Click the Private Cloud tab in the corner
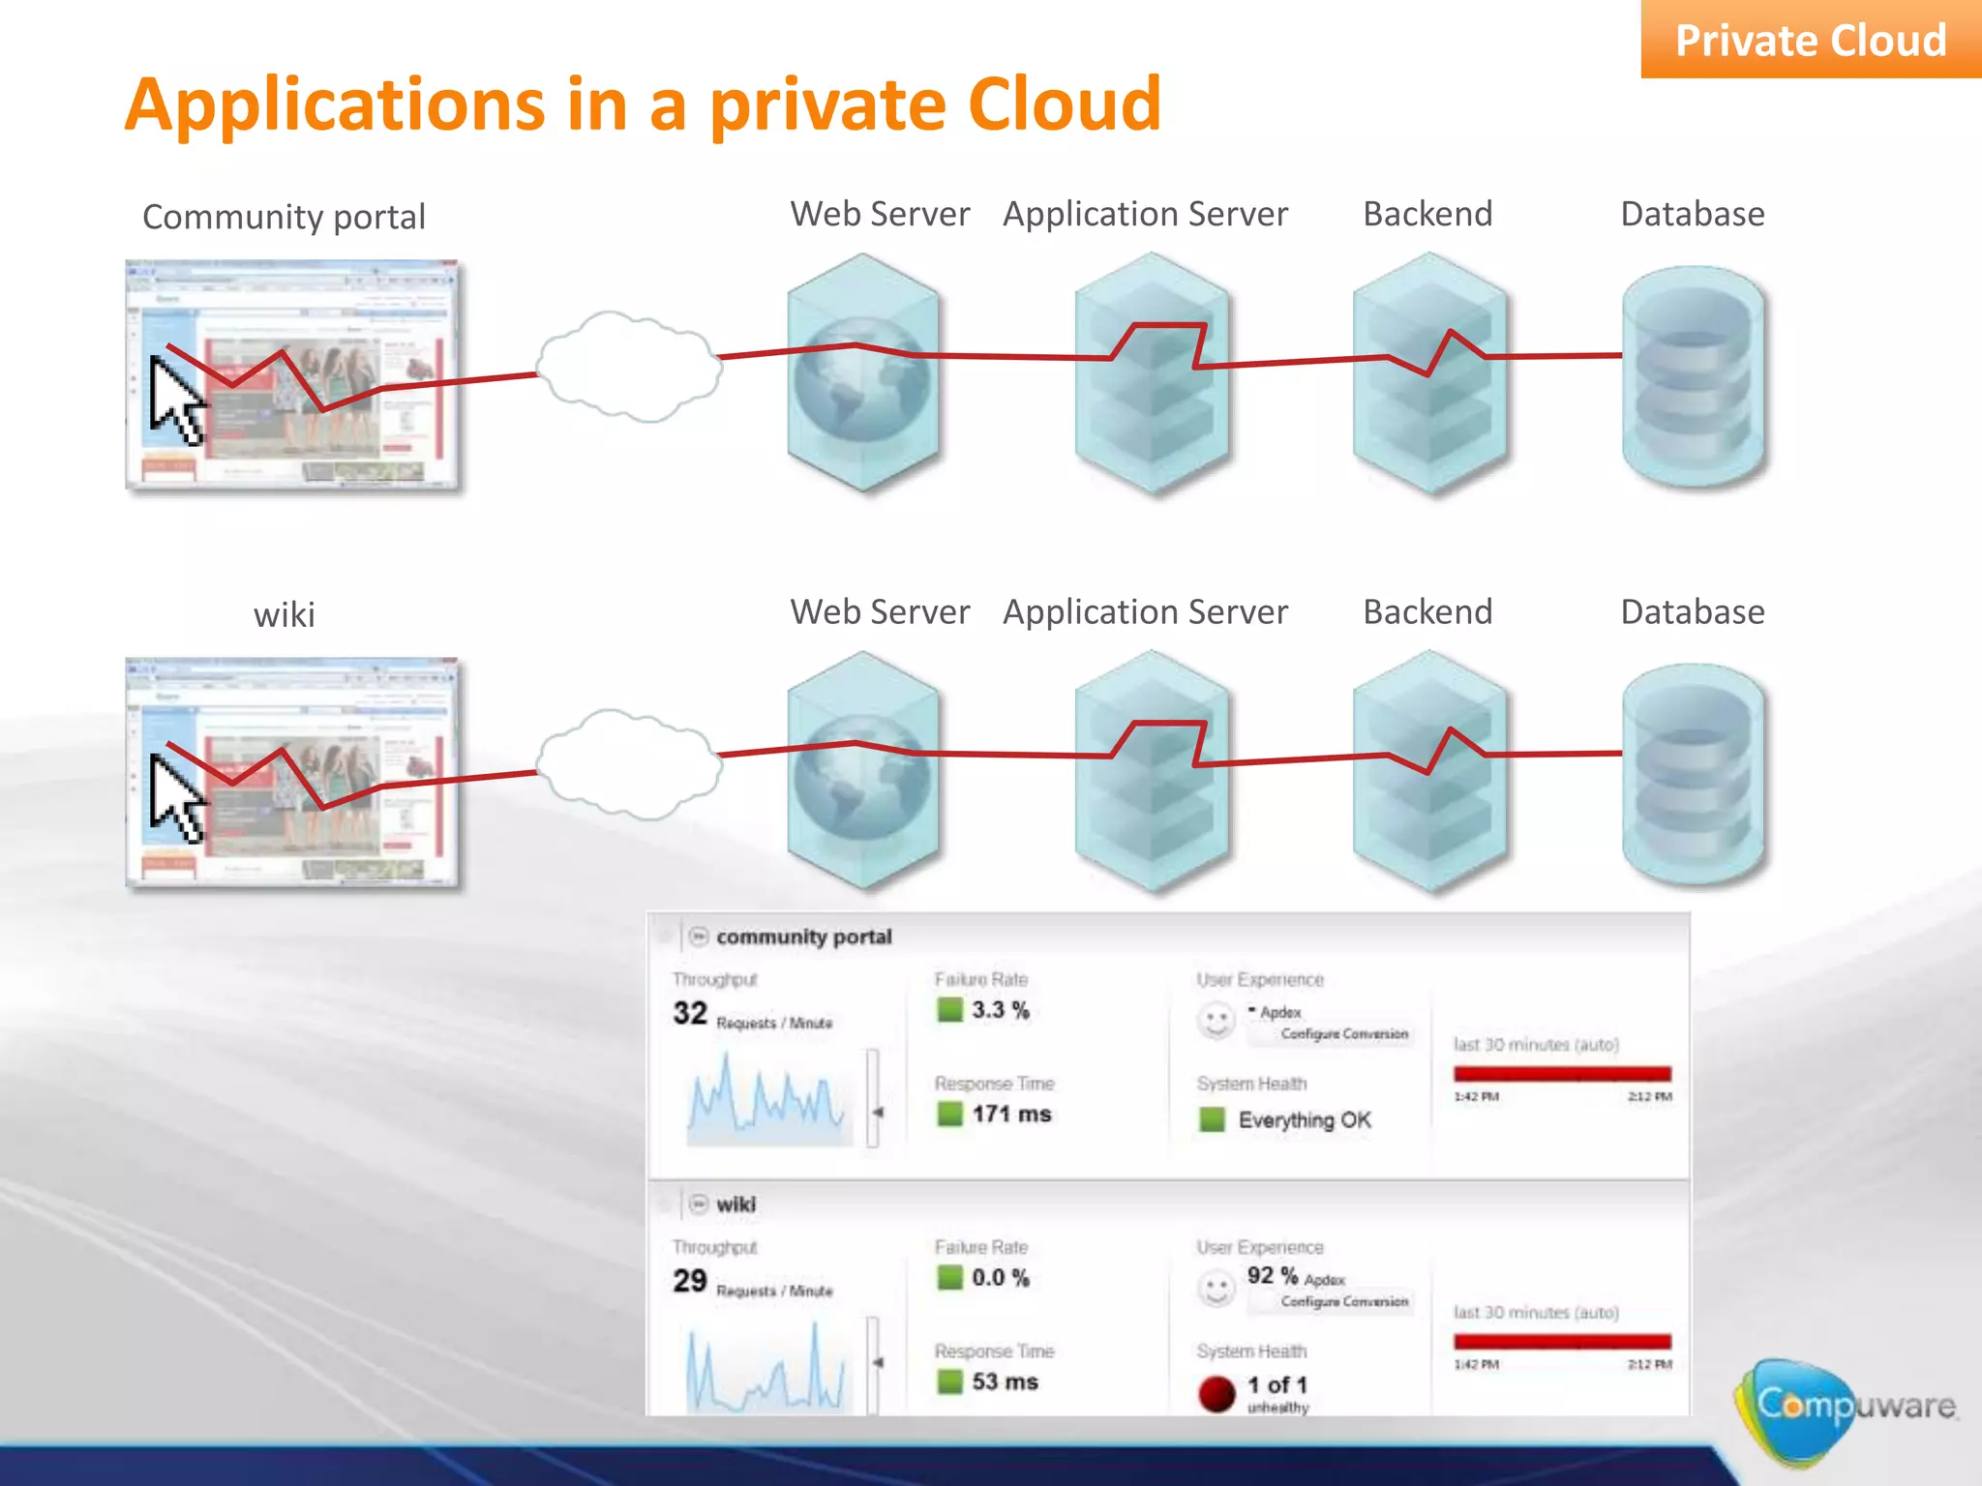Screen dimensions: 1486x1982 1810,41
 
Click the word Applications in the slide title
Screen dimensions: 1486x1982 335,104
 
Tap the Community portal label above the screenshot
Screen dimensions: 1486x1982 284,217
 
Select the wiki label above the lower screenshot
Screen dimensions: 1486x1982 284,614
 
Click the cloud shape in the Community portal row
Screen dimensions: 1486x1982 629,366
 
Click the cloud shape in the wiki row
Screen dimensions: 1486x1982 629,764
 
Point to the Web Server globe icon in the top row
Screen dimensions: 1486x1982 862,373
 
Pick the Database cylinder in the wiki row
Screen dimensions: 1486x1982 1693,774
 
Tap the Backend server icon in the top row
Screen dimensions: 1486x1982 1429,373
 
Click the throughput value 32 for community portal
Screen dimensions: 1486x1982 690,1013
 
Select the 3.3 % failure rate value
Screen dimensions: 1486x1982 1000,1010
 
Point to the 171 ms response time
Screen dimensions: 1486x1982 1011,1114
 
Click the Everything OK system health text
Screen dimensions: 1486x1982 1304,1119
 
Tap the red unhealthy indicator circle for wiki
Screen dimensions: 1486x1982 1216,1393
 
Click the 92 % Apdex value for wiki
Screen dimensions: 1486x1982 1272,1276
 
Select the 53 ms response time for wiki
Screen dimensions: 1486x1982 1005,1382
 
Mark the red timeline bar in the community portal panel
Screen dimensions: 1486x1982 1562,1074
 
